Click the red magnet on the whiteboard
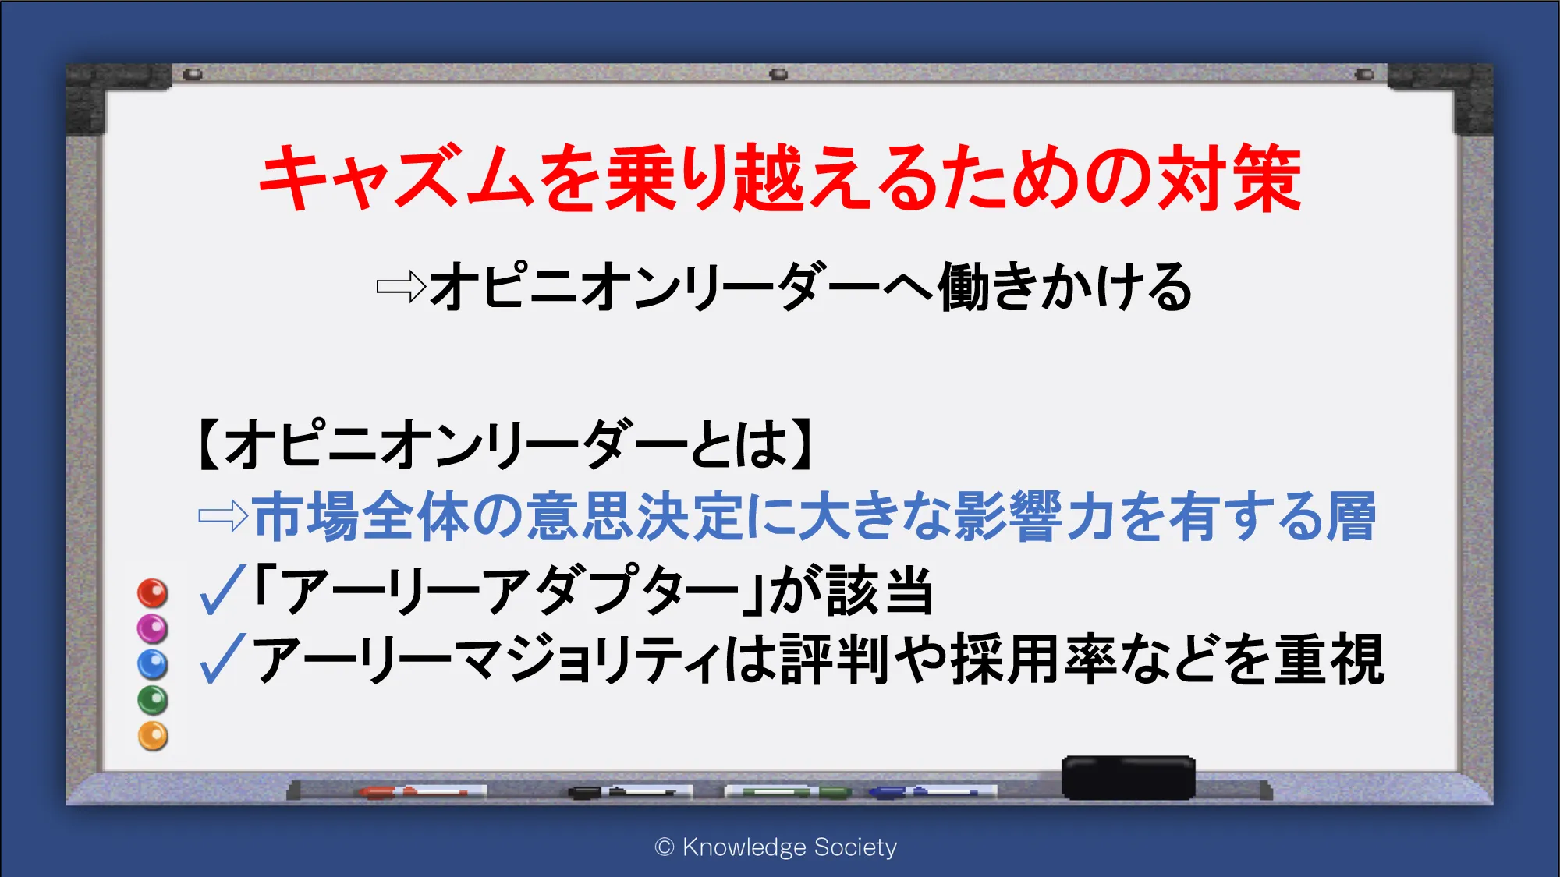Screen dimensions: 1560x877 [x=153, y=593]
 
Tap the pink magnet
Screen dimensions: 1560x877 [x=153, y=628]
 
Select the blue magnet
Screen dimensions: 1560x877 [x=153, y=664]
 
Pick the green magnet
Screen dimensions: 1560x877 [x=153, y=700]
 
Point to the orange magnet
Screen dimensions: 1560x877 [x=153, y=736]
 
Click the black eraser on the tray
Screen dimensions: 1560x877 [x=1128, y=777]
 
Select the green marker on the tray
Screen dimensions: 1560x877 [x=788, y=792]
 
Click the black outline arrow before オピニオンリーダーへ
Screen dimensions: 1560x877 [x=401, y=287]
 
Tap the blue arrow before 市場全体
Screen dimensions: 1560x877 [x=223, y=516]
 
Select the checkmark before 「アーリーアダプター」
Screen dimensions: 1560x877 [x=223, y=590]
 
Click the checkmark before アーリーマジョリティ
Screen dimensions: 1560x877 [x=223, y=659]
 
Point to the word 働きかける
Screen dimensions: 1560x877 [x=1065, y=287]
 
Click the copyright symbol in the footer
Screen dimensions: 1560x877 [x=665, y=847]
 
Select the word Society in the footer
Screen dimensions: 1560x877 [x=855, y=847]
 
